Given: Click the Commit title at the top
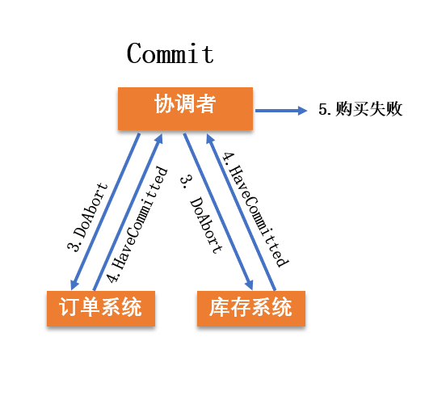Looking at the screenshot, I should pyautogui.click(x=170, y=54).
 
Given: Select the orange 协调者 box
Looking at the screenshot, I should pyautogui.click(x=185, y=108).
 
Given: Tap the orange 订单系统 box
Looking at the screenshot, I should pyautogui.click(x=100, y=309).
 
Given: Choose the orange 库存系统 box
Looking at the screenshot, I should pyautogui.click(x=251, y=309).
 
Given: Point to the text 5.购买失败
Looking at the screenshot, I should pyautogui.click(x=360, y=109).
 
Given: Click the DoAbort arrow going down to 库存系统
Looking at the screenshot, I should pyautogui.click(x=218, y=210).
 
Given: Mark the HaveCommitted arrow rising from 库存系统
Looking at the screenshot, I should pyautogui.click(x=242, y=210).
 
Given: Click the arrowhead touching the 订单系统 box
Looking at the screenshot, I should pyautogui.click(x=74, y=284).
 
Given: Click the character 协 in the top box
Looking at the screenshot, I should pyautogui.click(x=163, y=104).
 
